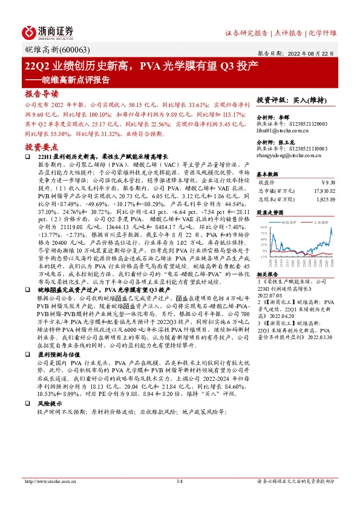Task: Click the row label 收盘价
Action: pos(267,180)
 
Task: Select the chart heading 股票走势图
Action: pos(270,213)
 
